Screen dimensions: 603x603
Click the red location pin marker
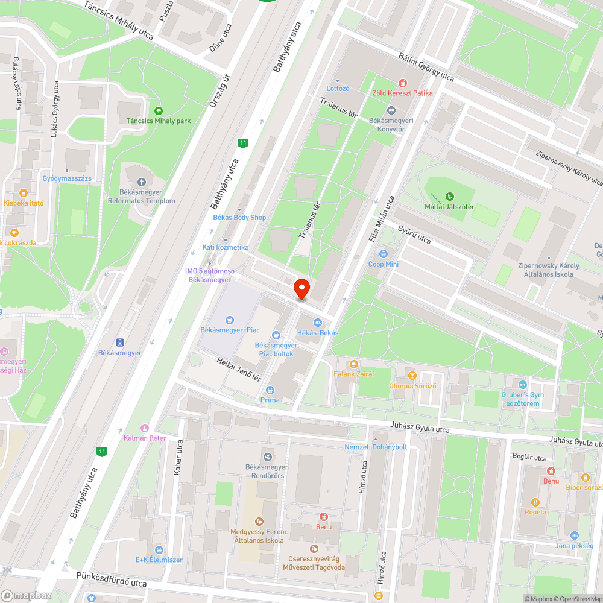pyautogui.click(x=301, y=288)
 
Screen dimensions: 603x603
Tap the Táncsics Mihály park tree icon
pyautogui.click(x=159, y=111)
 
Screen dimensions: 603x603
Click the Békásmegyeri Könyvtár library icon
pyautogui.click(x=391, y=111)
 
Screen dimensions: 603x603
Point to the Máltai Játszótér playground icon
pyautogui.click(x=449, y=196)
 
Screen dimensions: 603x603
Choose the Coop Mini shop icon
pyautogui.click(x=384, y=254)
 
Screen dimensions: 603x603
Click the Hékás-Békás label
pyautogui.click(x=317, y=333)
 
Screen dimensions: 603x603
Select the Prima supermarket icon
pyautogui.click(x=270, y=390)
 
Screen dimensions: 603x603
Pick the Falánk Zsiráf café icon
pyautogui.click(x=354, y=364)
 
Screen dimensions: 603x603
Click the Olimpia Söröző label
pyautogui.click(x=412, y=386)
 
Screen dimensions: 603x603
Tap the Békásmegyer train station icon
pyautogui.click(x=119, y=343)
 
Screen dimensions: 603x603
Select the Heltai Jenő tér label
pyautogui.click(x=239, y=368)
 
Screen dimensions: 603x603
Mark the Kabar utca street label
pyautogui.click(x=178, y=458)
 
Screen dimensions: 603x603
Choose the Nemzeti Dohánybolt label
pyautogui.click(x=376, y=447)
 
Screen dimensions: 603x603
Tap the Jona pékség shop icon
pyautogui.click(x=574, y=535)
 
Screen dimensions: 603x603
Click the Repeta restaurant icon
pyautogui.click(x=535, y=502)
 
